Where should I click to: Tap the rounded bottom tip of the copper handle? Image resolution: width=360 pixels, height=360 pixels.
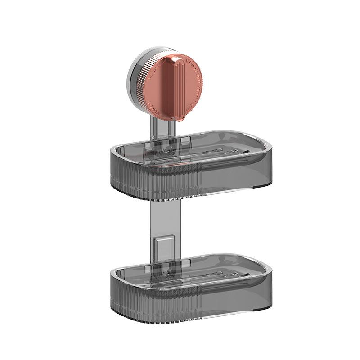pyautogui.click(x=180, y=118)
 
